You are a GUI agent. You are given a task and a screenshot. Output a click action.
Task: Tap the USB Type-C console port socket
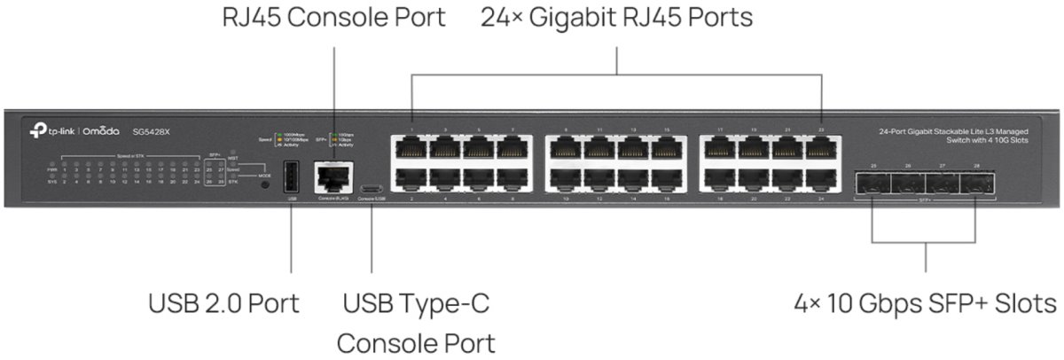click(x=372, y=188)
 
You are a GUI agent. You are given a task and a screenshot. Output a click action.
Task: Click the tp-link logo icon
click(x=37, y=131)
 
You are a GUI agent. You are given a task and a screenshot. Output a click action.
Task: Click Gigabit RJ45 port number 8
click(x=512, y=180)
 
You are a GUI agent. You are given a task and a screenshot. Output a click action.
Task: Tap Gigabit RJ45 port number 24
click(x=820, y=180)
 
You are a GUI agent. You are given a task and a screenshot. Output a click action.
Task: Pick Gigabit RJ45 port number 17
click(x=719, y=148)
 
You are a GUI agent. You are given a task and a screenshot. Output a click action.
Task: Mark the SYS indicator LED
click(x=53, y=181)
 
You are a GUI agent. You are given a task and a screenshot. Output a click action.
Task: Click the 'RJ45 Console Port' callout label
click(x=334, y=17)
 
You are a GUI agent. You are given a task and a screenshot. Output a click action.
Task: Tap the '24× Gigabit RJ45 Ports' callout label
click(x=616, y=17)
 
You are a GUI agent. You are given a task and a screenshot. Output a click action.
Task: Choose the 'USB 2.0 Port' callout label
click(x=223, y=303)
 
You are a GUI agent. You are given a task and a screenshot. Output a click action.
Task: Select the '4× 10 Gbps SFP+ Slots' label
click(x=926, y=303)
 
